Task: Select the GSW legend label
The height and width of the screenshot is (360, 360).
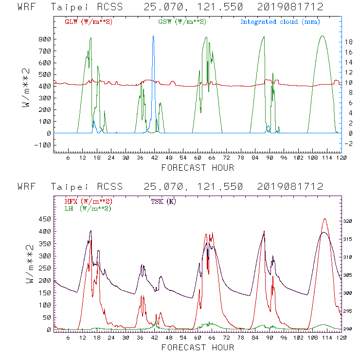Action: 182,22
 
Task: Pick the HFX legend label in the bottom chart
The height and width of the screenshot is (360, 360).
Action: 89,201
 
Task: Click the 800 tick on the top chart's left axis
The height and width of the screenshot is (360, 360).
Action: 45,39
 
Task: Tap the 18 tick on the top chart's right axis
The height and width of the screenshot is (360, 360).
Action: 348,42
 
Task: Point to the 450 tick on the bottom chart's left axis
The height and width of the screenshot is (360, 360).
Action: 45,219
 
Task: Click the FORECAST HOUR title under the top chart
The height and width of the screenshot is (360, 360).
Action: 198,168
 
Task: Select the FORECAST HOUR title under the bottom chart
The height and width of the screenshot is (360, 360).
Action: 198,347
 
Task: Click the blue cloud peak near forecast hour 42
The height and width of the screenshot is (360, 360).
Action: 153,36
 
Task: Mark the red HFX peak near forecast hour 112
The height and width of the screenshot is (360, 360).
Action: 324,219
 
